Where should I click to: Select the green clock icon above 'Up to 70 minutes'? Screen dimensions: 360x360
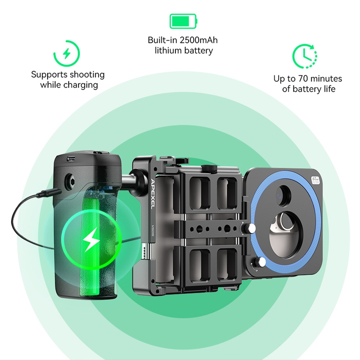tap(304, 56)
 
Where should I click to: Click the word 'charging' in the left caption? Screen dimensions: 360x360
tap(81, 85)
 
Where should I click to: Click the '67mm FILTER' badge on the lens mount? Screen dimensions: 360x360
tap(315, 179)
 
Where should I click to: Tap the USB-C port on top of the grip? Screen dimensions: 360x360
tap(71, 158)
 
